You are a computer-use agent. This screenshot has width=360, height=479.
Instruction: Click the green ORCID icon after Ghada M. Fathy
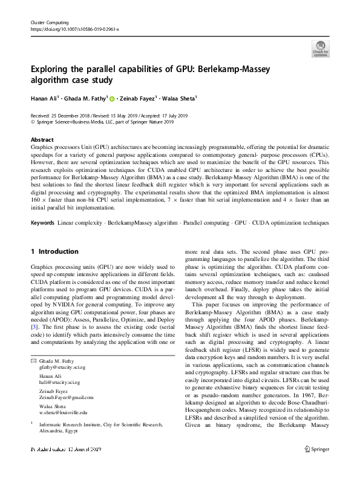(113, 98)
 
